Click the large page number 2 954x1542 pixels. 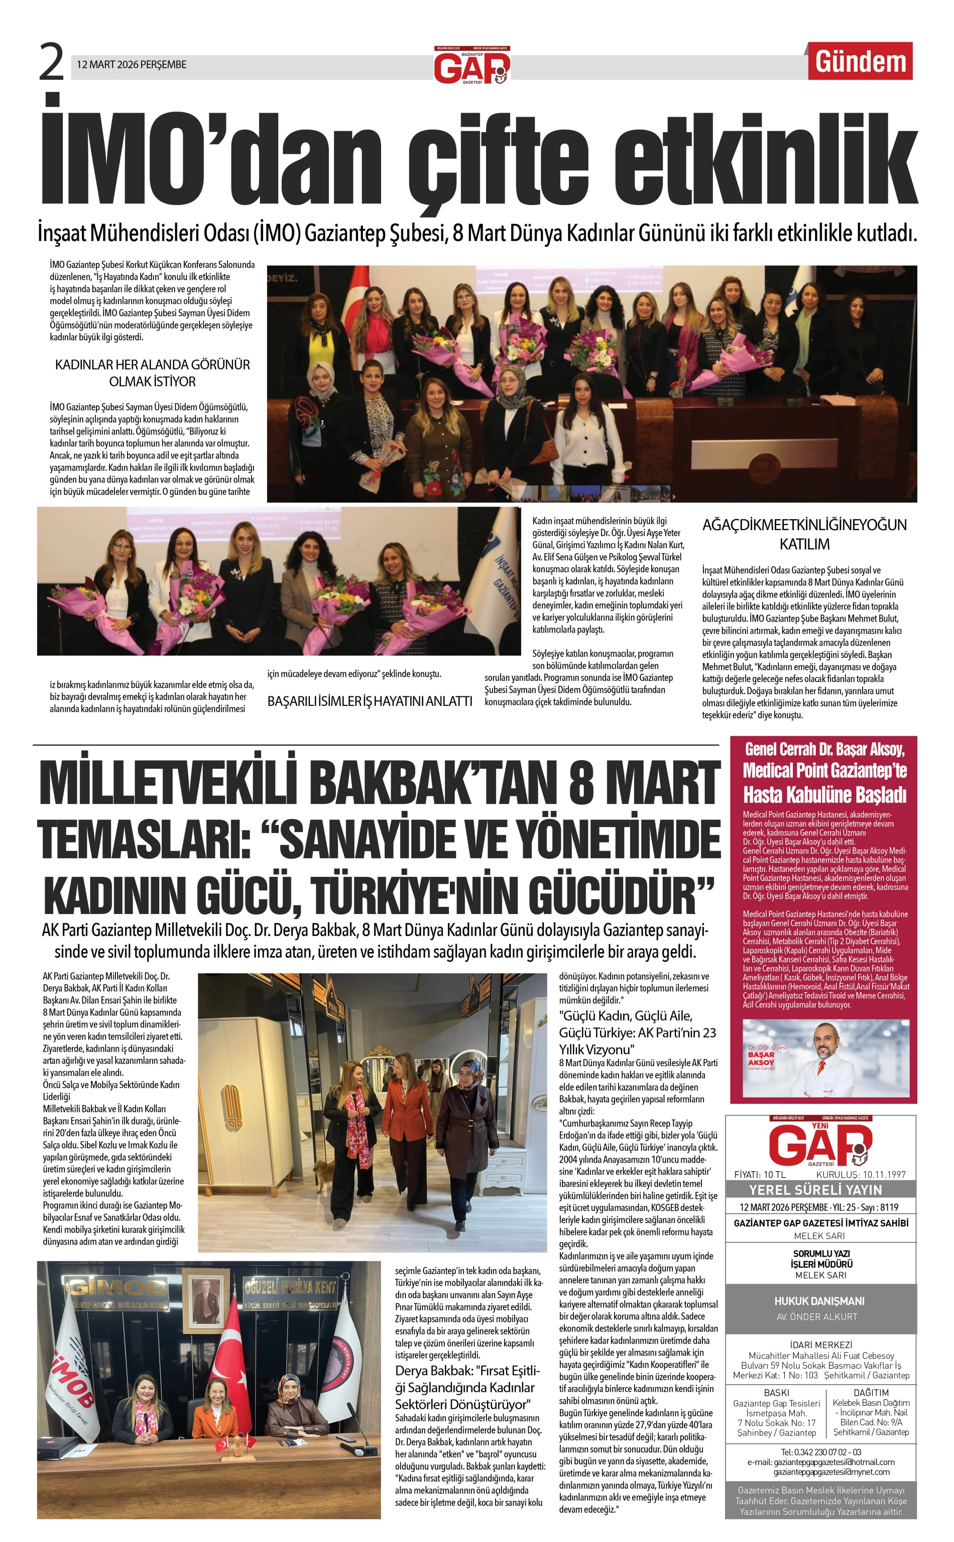[x=52, y=62]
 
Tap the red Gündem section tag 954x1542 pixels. [x=860, y=61]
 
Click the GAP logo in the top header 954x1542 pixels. [x=471, y=66]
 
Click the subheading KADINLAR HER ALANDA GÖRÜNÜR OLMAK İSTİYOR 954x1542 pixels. [x=153, y=372]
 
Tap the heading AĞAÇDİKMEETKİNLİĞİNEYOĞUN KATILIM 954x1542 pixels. [x=804, y=534]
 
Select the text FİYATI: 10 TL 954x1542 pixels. [x=760, y=1175]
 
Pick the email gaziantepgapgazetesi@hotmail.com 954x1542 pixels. [x=820, y=1462]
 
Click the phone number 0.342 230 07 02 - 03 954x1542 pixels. [x=820, y=1452]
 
